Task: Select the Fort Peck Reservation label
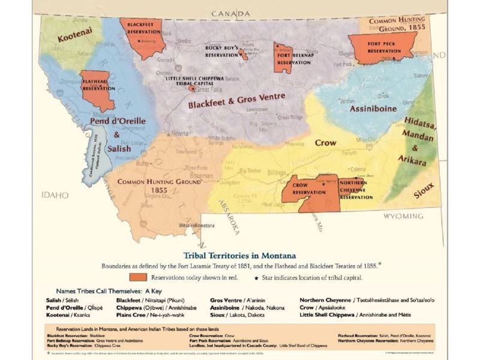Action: [384, 48]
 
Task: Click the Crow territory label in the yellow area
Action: [326, 143]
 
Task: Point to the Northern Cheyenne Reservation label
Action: [356, 189]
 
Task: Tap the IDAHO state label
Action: [56, 196]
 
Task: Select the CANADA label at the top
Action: [231, 13]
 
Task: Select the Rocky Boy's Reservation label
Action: [223, 51]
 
